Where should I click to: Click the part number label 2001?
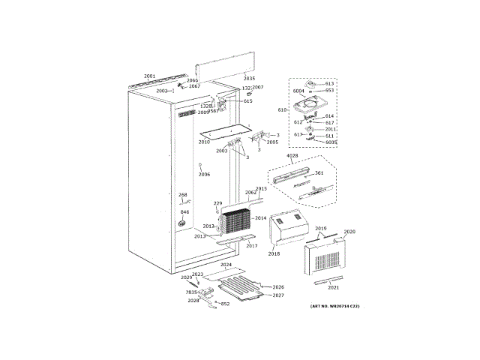[x=149, y=76]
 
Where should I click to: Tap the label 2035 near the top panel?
[x=250, y=79]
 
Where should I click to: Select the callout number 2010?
[x=204, y=142]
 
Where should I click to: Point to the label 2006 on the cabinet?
[x=204, y=174]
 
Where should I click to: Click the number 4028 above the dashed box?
[x=293, y=155]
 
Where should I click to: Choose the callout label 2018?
[x=274, y=254]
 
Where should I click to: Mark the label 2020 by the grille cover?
[x=349, y=232]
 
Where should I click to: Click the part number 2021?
[x=334, y=287]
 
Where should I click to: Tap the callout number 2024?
[x=226, y=265]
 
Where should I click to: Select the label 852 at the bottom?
[x=225, y=304]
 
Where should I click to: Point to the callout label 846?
[x=184, y=213]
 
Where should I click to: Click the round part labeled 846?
[x=181, y=223]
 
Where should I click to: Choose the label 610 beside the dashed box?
[x=282, y=109]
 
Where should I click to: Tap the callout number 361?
[x=318, y=173]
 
